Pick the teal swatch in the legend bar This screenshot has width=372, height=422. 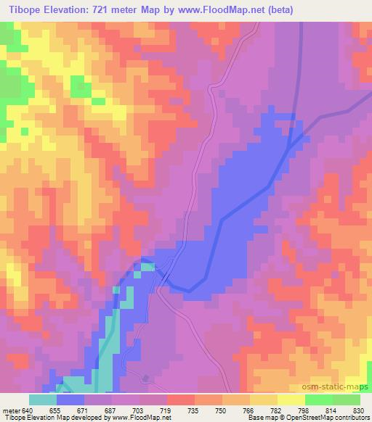tap(43, 400)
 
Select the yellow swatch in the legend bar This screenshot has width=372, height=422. tap(291, 400)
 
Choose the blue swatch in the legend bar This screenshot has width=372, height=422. tap(70, 400)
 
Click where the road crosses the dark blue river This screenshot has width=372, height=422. tap(166, 275)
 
